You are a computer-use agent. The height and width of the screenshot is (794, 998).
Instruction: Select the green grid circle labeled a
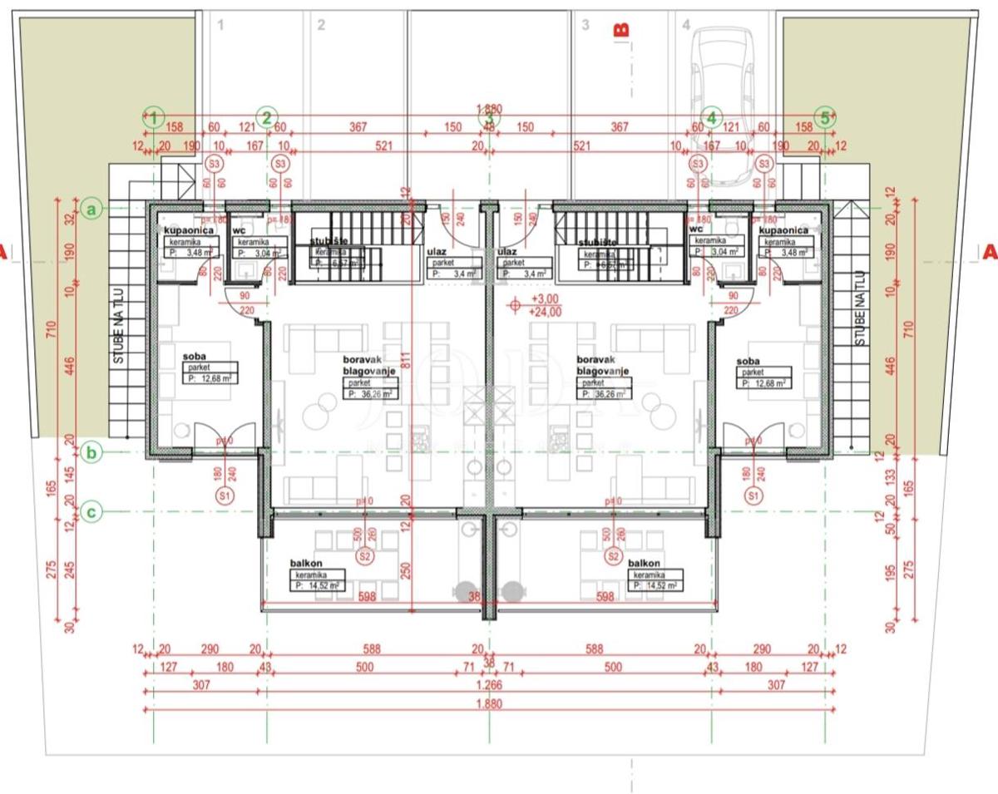(93, 208)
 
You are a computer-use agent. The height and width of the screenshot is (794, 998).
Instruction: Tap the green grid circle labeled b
(93, 452)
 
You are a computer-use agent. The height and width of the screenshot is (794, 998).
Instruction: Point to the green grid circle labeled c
(93, 513)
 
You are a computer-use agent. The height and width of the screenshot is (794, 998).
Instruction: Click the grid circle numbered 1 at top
(154, 117)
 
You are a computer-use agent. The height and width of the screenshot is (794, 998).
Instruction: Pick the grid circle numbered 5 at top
(825, 117)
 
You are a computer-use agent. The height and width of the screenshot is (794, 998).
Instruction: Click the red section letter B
(620, 30)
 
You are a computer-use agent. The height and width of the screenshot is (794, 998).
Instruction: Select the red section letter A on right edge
(989, 251)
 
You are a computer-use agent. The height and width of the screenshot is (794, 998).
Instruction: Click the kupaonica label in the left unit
(190, 229)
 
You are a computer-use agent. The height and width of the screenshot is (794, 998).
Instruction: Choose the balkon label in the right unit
(645, 563)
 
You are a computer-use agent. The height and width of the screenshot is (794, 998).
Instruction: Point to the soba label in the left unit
(195, 355)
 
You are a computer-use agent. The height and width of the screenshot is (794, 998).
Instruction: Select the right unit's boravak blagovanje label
(601, 367)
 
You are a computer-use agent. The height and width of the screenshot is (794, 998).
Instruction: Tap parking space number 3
(585, 25)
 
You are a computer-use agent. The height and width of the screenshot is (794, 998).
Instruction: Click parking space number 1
(220, 25)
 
